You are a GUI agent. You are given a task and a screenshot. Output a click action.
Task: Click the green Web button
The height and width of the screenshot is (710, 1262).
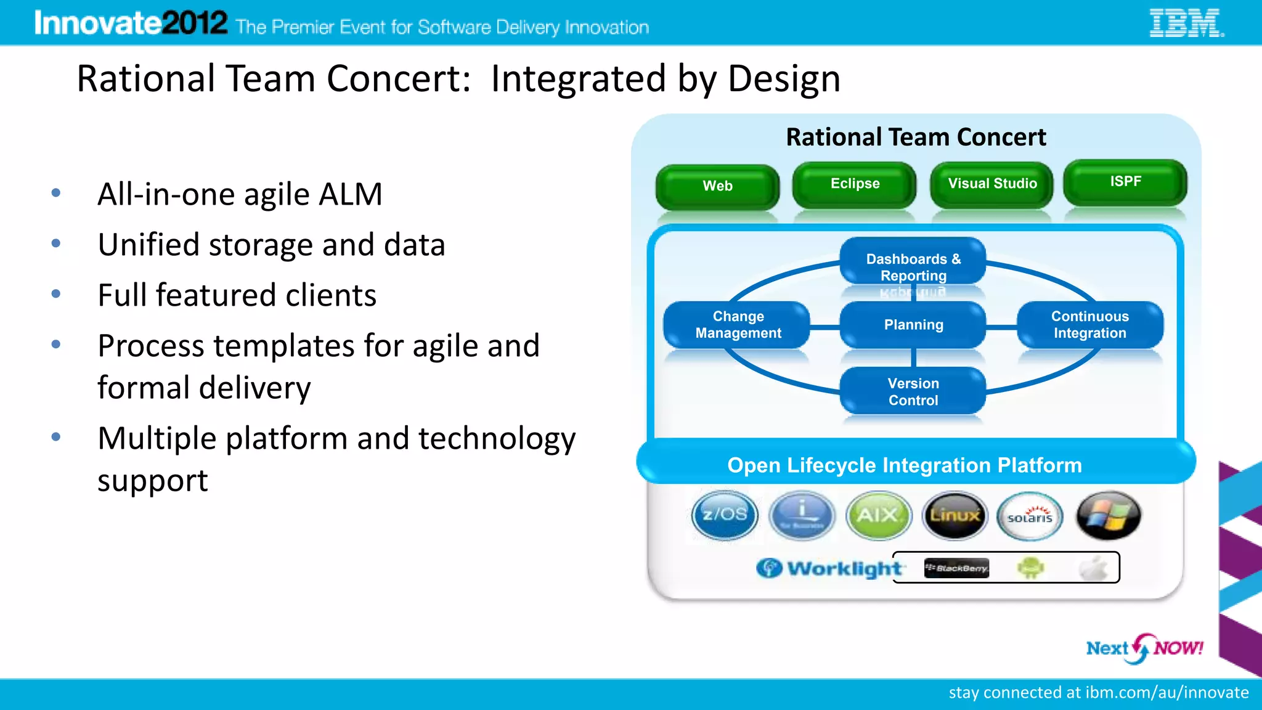[717, 186]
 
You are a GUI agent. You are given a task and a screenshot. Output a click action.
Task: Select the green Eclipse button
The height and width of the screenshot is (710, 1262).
[855, 184]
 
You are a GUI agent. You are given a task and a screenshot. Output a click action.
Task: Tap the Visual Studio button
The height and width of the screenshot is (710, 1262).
[992, 184]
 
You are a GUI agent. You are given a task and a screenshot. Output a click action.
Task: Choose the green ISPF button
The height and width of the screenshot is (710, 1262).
[1125, 182]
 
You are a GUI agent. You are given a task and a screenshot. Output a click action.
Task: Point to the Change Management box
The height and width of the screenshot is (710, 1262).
[738, 325]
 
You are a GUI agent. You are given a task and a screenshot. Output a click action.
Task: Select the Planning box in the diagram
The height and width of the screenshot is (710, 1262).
[913, 325]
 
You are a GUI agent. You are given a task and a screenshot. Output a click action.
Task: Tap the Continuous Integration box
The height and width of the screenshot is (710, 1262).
[1089, 325]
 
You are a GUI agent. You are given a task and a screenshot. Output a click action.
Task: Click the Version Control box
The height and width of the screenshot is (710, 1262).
[913, 392]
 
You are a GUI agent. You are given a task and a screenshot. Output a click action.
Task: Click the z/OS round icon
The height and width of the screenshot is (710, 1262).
[725, 515]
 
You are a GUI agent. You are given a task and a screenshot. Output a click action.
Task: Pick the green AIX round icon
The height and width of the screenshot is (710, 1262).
[878, 515]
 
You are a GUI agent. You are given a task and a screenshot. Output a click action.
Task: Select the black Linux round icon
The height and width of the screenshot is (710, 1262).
[955, 515]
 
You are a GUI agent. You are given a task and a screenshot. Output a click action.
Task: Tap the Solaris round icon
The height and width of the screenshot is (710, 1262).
[1030, 516]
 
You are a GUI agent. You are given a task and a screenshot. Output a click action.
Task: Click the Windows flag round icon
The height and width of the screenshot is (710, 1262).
[1109, 515]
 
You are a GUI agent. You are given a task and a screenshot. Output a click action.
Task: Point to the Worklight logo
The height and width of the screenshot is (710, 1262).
[829, 568]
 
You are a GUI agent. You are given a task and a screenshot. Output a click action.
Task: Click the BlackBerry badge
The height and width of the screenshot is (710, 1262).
[956, 568]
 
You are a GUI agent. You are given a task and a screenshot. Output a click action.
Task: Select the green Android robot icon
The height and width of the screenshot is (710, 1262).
[1031, 568]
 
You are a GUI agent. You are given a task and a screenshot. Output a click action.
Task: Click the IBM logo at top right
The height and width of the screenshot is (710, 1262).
[1186, 23]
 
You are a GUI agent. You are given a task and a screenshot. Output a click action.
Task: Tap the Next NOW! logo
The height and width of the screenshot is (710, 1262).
[1144, 648]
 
